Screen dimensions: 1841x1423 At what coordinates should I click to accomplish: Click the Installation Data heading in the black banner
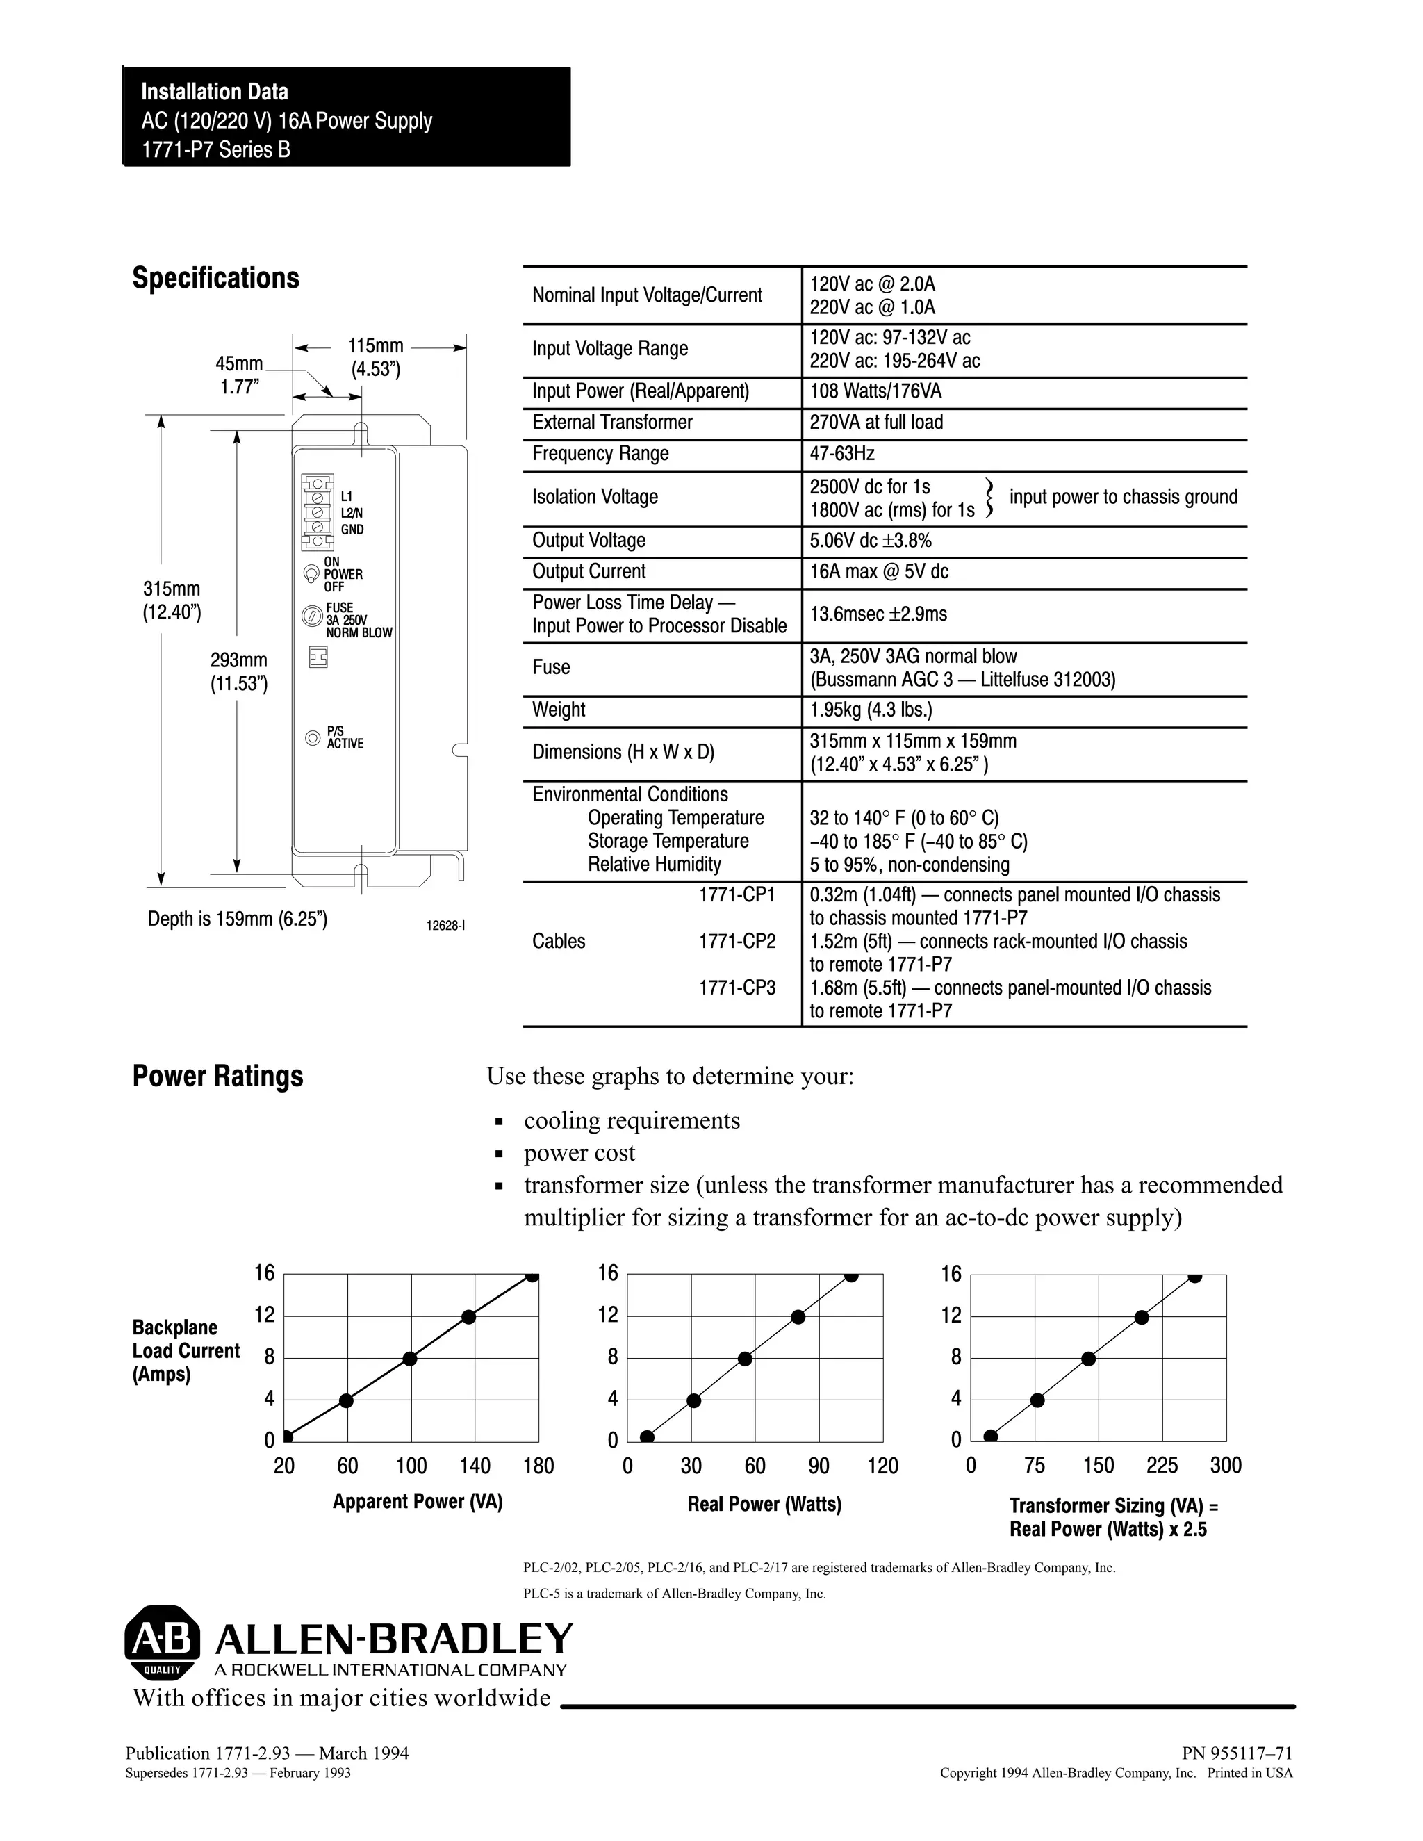[x=214, y=92]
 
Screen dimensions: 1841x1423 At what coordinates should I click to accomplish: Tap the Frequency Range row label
[x=600, y=454]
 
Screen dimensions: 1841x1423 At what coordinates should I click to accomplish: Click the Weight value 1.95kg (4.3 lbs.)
[x=871, y=710]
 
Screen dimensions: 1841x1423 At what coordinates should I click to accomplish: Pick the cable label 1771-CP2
[x=737, y=941]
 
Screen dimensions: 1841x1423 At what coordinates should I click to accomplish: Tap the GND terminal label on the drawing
[x=352, y=530]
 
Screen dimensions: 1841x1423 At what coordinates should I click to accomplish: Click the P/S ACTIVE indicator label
[x=345, y=737]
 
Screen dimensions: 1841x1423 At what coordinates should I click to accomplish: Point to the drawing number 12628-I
[x=445, y=926]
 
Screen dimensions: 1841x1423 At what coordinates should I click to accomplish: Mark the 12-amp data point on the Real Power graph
[x=798, y=1317]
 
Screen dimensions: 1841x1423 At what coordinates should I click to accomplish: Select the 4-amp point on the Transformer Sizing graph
[x=1037, y=1400]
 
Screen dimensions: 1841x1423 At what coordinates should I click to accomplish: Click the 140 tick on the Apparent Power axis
[x=475, y=1466]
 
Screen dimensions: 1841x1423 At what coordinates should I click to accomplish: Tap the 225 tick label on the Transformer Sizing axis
[x=1162, y=1466]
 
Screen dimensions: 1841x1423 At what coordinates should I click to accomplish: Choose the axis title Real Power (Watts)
[x=764, y=1504]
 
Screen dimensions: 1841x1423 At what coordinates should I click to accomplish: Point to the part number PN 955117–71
[x=1236, y=1753]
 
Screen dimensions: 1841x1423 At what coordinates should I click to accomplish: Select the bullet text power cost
[x=579, y=1152]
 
